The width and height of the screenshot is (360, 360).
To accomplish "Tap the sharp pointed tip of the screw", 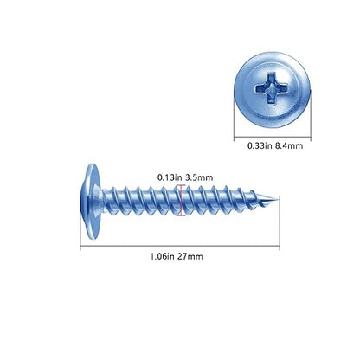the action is tap(279, 199).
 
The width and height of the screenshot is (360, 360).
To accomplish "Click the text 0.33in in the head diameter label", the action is tap(260, 145).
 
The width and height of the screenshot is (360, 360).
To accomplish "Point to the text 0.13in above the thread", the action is tap(170, 177).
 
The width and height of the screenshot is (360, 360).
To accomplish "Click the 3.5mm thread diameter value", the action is tap(199, 177).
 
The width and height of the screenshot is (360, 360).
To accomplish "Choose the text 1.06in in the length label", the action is tap(163, 256).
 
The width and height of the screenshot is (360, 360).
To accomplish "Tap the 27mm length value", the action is tap(190, 256).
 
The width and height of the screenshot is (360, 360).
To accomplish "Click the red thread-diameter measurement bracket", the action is tap(181, 200).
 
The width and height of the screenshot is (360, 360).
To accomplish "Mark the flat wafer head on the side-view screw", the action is tap(93, 201).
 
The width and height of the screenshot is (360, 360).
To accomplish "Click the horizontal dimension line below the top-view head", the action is tap(273, 137).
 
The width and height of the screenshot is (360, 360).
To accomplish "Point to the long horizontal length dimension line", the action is tap(180, 247).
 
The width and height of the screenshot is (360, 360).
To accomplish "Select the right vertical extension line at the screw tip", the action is tap(280, 223).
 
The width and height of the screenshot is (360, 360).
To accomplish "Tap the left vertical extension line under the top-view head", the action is tap(234, 119).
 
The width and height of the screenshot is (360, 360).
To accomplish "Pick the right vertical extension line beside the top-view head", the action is tap(311, 115).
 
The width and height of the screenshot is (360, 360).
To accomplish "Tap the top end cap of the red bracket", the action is tap(181, 185).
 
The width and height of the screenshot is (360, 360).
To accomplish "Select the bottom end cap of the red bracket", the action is tap(181, 215).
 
